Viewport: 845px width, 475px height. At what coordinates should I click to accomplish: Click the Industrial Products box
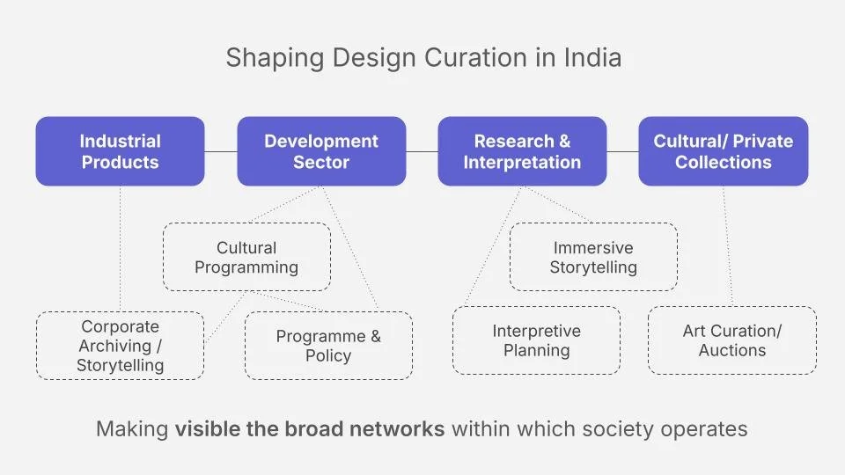click(x=120, y=151)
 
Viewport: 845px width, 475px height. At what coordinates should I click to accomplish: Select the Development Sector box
click(x=321, y=151)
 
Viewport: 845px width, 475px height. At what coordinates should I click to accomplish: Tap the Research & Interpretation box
click(x=522, y=151)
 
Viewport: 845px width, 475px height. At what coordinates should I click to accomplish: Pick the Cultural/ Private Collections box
click(x=723, y=151)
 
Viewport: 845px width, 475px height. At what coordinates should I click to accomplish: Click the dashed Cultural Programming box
click(x=246, y=257)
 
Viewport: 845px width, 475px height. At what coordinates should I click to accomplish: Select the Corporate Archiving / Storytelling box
click(x=120, y=345)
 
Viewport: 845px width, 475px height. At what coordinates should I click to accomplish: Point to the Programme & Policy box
click(x=328, y=346)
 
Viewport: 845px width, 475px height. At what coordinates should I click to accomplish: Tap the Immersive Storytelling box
click(x=593, y=257)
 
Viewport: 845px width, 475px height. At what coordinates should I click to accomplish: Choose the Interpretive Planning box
click(x=536, y=340)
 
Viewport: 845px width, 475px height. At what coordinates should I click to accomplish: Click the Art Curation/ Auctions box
click(x=731, y=340)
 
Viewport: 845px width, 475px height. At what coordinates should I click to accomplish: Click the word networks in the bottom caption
click(x=401, y=429)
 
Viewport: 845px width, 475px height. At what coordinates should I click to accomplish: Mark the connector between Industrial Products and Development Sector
click(x=221, y=151)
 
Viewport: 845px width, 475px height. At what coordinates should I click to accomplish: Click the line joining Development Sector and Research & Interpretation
click(x=422, y=151)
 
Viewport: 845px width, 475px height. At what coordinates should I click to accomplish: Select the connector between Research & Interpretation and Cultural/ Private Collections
click(x=622, y=151)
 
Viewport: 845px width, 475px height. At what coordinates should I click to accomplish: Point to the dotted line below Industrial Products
click(x=120, y=246)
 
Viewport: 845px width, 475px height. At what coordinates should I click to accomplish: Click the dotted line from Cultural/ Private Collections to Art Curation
click(x=727, y=246)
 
